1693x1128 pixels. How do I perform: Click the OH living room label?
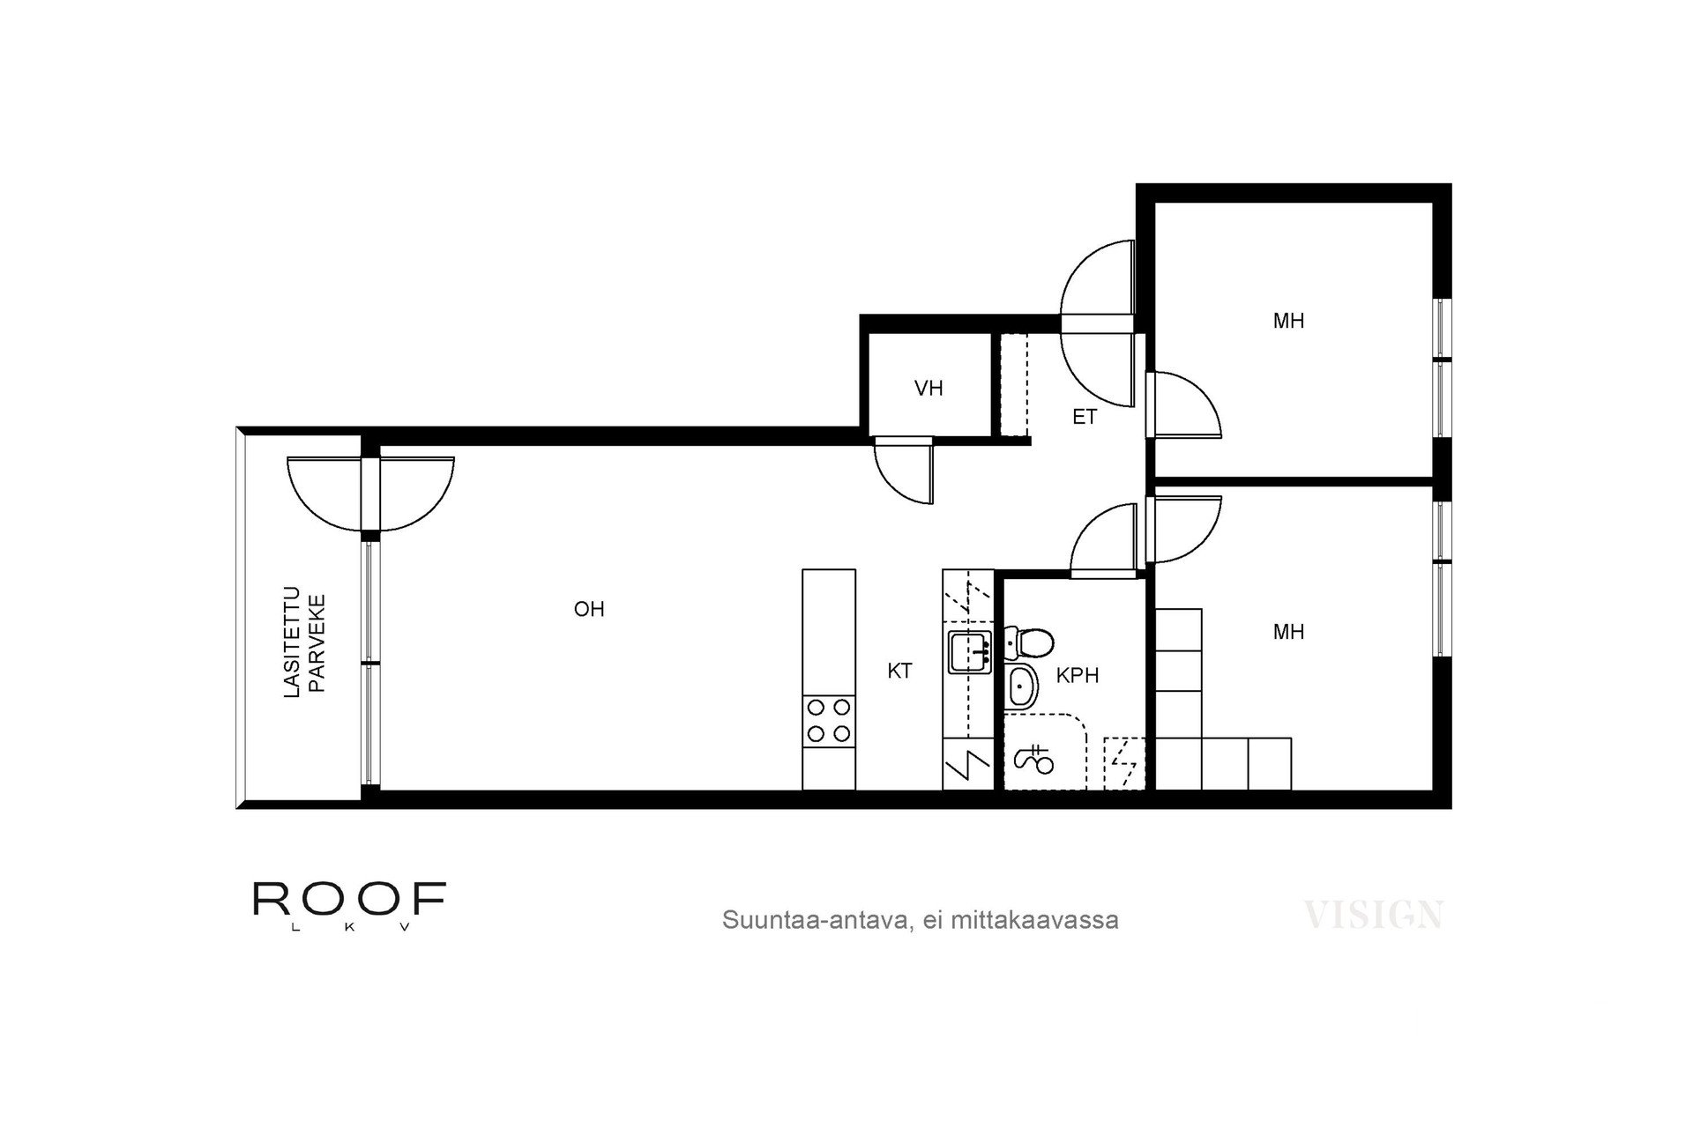click(x=589, y=609)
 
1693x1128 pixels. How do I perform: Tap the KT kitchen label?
click(x=899, y=672)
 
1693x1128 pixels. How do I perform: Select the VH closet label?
click(x=929, y=388)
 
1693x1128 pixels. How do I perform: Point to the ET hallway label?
click(x=1085, y=417)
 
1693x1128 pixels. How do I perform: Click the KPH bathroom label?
click(x=1078, y=676)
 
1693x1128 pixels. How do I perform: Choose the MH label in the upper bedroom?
click(x=1288, y=321)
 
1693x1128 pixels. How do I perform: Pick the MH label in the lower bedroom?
click(x=1288, y=632)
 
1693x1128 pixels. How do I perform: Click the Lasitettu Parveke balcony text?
click(x=304, y=643)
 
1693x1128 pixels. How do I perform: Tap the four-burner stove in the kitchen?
click(x=829, y=720)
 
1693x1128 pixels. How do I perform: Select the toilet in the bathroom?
click(x=1028, y=642)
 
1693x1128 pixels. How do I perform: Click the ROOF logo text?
click(x=349, y=898)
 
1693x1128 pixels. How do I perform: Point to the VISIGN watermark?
click(x=1373, y=915)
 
